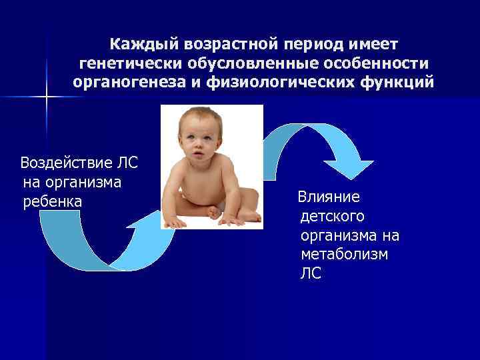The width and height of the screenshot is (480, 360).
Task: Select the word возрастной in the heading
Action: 225,45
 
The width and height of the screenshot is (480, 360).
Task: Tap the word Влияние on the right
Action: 329,197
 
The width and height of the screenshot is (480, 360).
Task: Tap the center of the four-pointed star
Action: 47,97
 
